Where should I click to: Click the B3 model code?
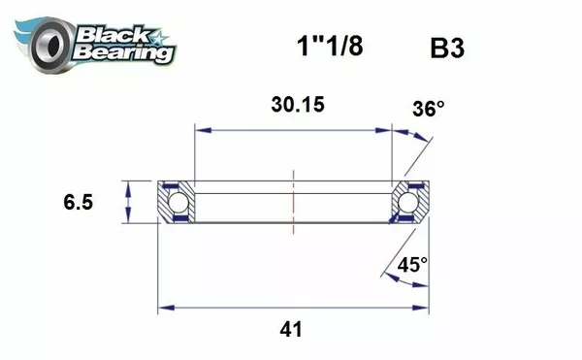447,48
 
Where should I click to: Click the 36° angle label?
428,110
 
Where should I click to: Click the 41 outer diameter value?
291,330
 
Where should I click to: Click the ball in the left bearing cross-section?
177,203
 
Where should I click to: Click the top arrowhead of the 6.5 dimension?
128,186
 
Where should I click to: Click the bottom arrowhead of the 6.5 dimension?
128,219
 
